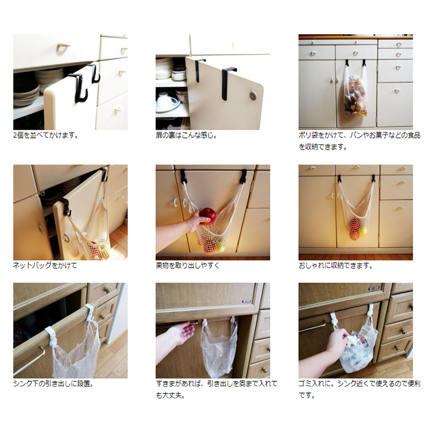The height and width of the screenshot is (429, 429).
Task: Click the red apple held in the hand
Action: coord(208,216)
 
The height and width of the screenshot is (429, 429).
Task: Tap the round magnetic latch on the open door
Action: coord(253,95)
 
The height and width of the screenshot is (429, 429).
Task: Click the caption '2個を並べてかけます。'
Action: coord(46,135)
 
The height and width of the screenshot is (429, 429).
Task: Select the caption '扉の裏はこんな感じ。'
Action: coord(186,135)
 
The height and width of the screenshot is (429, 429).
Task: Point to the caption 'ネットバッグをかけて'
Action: coord(45,265)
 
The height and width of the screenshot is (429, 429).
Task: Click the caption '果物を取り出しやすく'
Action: coord(188,265)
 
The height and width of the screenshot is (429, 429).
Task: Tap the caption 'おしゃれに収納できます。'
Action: coord(336,265)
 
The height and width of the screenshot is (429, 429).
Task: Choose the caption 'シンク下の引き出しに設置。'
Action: coord(54,383)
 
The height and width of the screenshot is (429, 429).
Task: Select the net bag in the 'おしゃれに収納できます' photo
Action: coord(356,211)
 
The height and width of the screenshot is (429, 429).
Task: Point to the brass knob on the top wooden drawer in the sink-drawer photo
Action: coord(107,290)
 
